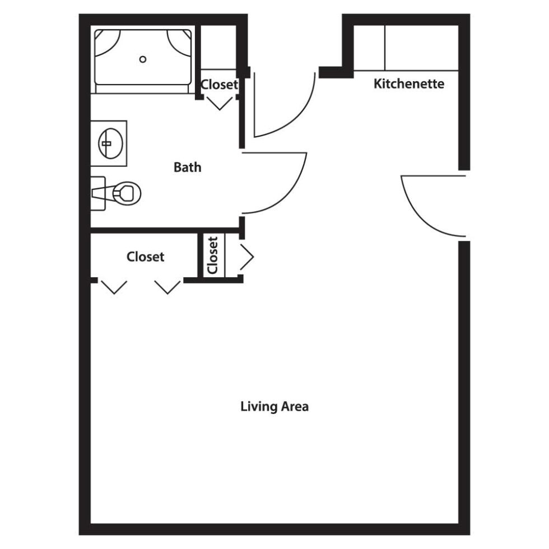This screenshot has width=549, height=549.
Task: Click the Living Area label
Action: [274, 407]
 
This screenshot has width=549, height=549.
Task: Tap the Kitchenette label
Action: [409, 83]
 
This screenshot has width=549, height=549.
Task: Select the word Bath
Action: [187, 168]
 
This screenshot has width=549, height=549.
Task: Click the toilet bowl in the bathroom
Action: [127, 193]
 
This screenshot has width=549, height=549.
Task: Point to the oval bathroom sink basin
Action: [111, 143]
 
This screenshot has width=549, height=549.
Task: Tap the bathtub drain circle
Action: [142, 59]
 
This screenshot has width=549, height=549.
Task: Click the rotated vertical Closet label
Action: [212, 255]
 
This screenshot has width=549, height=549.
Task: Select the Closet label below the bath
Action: [145, 257]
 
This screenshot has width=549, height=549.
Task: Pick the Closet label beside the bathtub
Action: [219, 85]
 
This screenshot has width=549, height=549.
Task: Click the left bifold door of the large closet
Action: [114, 287]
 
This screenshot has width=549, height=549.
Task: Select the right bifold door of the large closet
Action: [168, 287]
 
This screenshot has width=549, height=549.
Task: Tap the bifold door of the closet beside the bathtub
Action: [220, 103]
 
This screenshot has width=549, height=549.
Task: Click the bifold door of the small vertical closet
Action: [247, 257]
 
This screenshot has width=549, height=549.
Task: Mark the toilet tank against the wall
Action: [98, 193]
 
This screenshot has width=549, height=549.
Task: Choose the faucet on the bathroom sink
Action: [106, 143]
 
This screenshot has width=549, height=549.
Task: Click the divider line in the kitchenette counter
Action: [385, 48]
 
